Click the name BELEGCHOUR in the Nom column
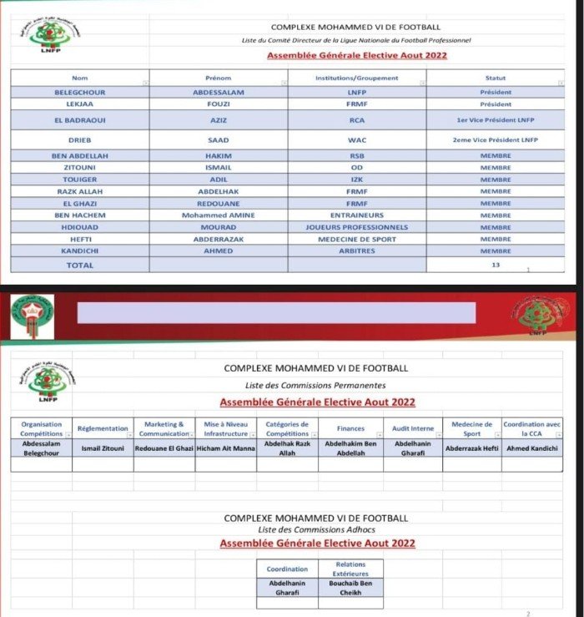coord(79,92)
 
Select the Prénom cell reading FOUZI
coord(218,105)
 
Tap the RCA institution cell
coord(357,121)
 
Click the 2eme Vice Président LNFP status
coord(495,140)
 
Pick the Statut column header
coord(495,78)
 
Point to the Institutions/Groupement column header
coord(357,78)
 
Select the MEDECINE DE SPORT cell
coord(357,239)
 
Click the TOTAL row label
coord(80,266)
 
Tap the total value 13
coord(495,264)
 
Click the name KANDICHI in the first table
coord(79,250)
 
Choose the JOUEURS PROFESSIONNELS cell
coord(357,227)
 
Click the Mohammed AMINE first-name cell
coord(218,215)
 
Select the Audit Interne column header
coord(412,428)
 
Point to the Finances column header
coord(350,428)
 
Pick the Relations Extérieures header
coord(350,569)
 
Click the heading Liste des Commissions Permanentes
coord(315,385)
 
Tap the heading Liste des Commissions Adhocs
coord(315,530)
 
